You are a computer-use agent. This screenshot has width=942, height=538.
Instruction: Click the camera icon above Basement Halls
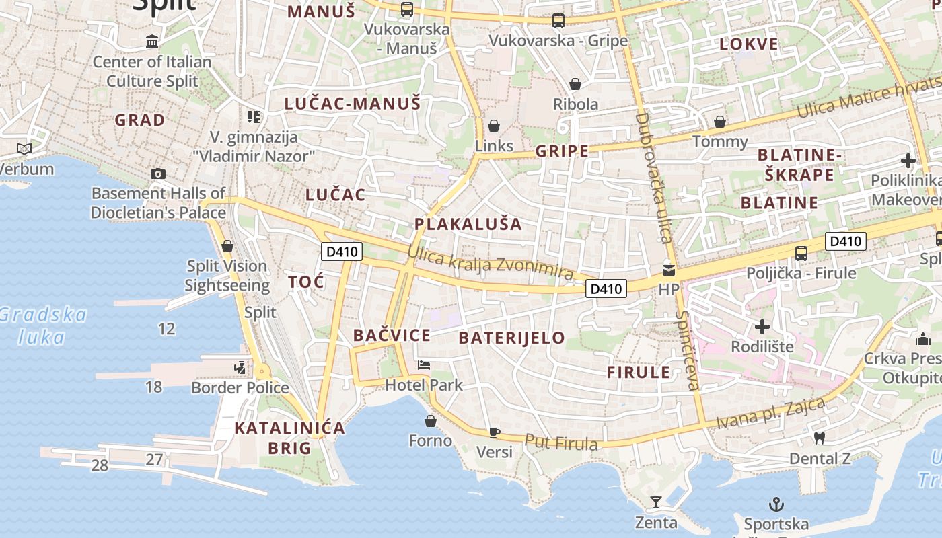click(158, 174)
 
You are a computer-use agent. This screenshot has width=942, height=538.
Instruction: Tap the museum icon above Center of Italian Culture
click(152, 42)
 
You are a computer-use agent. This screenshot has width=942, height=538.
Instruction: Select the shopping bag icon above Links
click(494, 126)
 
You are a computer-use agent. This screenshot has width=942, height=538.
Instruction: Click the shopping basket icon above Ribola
click(575, 84)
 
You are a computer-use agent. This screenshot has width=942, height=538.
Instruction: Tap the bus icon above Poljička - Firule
click(801, 254)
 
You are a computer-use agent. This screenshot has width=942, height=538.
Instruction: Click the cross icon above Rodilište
click(762, 327)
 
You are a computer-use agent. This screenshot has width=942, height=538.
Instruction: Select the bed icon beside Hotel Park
click(423, 365)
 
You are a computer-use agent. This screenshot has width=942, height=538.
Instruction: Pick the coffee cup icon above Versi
click(495, 432)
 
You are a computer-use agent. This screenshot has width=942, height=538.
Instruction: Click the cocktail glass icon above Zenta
click(655, 502)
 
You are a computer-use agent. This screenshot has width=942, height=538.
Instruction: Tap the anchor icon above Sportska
click(776, 504)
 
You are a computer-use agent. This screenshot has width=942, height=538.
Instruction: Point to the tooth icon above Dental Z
click(819, 438)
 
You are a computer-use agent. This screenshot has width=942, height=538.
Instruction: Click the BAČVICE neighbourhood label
click(392, 335)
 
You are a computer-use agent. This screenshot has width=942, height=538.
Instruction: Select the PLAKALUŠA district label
click(468, 224)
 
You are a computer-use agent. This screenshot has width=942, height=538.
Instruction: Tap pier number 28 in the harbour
click(100, 465)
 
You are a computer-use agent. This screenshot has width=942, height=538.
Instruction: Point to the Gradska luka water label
click(42, 325)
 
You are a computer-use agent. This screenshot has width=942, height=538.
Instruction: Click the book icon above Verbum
click(24, 149)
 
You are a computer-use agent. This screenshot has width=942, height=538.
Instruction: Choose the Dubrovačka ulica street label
click(653, 178)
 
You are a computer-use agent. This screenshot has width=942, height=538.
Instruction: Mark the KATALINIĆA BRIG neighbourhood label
click(289, 438)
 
